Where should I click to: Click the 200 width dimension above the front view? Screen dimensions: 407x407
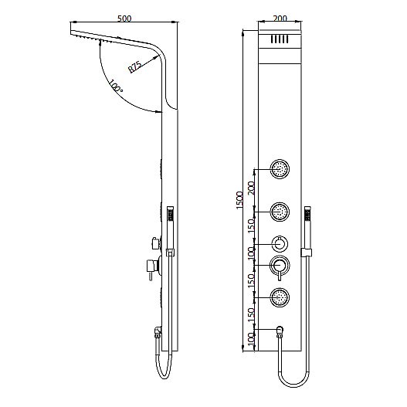pyautogui.click(x=280, y=19)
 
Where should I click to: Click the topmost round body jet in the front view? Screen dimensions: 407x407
pyautogui.click(x=280, y=167)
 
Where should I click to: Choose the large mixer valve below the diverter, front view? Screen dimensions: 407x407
pyautogui.click(x=280, y=266)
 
